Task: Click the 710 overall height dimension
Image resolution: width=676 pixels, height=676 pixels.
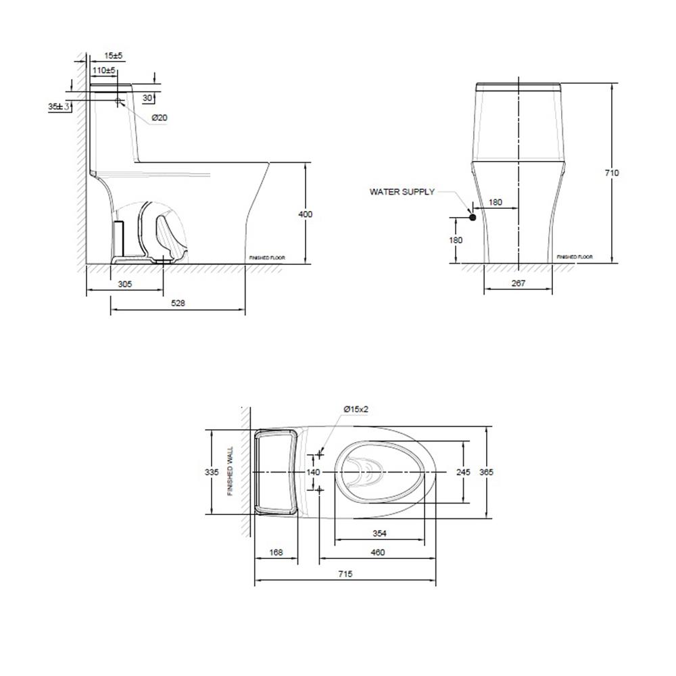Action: pos(611,173)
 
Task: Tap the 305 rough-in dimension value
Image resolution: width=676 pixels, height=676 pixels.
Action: pos(124,285)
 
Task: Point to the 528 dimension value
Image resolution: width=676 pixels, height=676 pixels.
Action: pos(177,304)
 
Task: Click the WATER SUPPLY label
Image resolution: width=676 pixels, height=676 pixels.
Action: pos(402,192)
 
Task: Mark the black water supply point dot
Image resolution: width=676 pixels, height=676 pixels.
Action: pos(473,217)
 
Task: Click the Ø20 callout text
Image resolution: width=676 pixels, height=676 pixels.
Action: pos(159,118)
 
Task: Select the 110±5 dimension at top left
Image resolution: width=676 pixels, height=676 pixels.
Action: pos(104,70)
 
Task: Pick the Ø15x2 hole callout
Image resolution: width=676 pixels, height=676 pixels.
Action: pos(355,410)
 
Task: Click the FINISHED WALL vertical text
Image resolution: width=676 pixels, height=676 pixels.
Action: pos(231,471)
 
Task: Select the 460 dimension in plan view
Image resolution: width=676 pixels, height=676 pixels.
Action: pos(377,552)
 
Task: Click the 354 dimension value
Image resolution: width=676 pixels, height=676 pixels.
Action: pos(380,533)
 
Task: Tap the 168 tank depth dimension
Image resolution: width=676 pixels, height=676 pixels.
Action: pos(276,552)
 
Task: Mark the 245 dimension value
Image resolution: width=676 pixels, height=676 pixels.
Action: pos(463,472)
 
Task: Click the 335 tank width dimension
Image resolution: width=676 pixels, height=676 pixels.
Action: pos(212,472)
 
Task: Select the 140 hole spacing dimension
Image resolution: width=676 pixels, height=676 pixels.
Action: pos(313,472)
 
